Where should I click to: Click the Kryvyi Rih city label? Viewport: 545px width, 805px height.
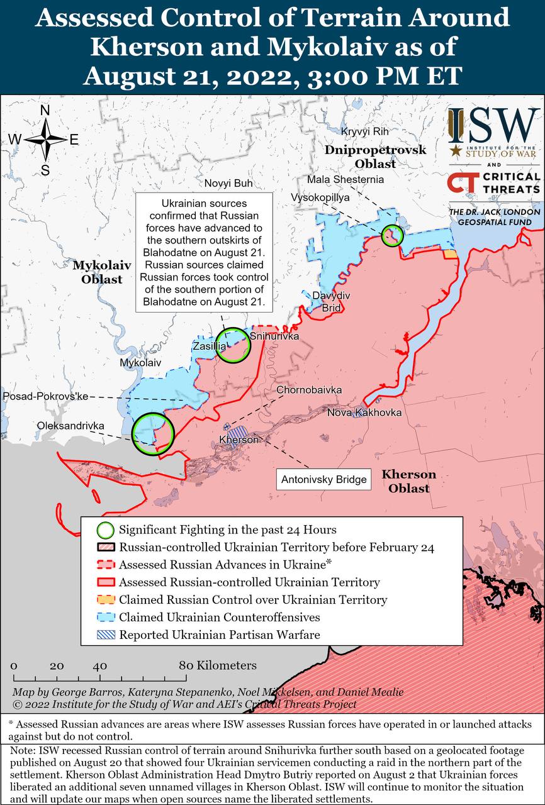(365, 131)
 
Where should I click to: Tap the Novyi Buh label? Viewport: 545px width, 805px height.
(228, 184)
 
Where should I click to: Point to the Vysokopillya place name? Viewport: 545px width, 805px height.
(320, 197)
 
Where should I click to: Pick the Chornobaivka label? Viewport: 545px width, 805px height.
(309, 390)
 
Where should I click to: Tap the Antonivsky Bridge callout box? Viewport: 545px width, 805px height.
(323, 480)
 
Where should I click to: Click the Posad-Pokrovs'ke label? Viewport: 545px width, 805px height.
(46, 396)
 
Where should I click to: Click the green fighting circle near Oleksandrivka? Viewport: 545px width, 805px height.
(153, 433)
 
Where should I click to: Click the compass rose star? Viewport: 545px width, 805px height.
(46, 140)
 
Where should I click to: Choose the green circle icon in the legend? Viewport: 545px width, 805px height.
(104, 530)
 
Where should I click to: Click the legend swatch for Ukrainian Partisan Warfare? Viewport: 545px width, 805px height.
(104, 635)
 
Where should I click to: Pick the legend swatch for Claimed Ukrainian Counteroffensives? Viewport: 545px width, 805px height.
(104, 617)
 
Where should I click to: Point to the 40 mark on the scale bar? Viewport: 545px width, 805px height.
(99, 666)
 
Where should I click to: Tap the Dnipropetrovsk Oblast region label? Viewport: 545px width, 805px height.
(375, 157)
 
